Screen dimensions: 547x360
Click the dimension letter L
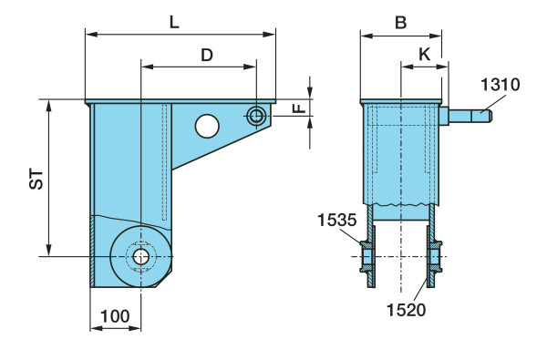coord(174,22)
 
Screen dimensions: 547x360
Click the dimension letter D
coord(207,55)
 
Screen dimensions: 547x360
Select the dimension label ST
coord(36,179)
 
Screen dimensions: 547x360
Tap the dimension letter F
coord(299,108)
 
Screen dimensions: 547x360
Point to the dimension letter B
coord(401,22)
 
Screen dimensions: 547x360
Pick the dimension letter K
coord(425,54)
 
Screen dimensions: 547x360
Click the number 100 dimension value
coord(115,316)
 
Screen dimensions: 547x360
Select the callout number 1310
coord(500,85)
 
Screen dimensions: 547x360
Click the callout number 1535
coord(336,220)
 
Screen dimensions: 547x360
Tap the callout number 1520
coord(406,310)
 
